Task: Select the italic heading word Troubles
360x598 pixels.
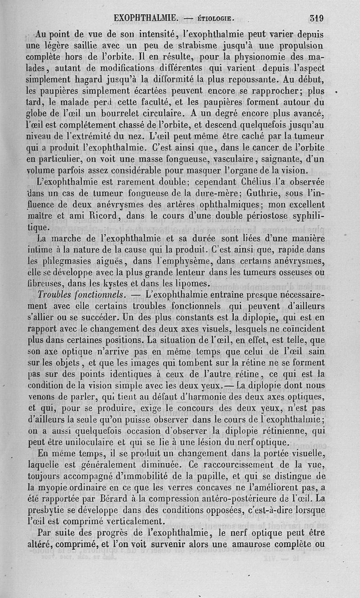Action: (x=56, y=294)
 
